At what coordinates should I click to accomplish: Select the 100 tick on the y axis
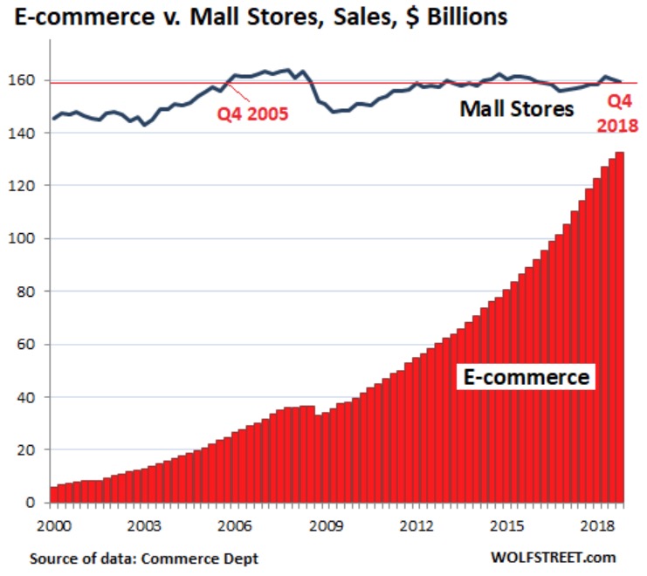click(24, 238)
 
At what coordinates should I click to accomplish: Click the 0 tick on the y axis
click(32, 503)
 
